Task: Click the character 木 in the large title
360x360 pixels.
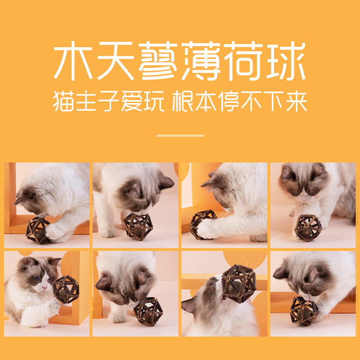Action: [73, 60]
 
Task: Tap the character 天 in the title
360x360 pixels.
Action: [116, 61]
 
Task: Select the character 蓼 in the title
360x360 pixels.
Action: [158, 61]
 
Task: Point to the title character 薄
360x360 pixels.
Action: [201, 61]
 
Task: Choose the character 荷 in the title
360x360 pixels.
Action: [243, 61]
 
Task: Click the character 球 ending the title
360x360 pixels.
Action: [286, 61]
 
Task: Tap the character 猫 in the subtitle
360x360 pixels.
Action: [63, 101]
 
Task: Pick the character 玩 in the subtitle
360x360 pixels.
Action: [154, 101]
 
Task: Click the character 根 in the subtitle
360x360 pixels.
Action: [183, 101]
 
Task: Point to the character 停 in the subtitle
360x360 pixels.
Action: [229, 101]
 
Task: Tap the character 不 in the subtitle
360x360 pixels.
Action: [251, 101]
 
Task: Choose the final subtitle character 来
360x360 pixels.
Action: [297, 101]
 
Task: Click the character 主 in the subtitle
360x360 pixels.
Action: [86, 101]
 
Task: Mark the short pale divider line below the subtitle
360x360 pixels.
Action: [180, 136]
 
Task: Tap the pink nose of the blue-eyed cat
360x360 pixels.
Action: [45, 288]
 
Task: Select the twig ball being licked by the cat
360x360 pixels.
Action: [238, 284]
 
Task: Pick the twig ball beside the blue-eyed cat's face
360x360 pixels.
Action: [66, 289]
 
